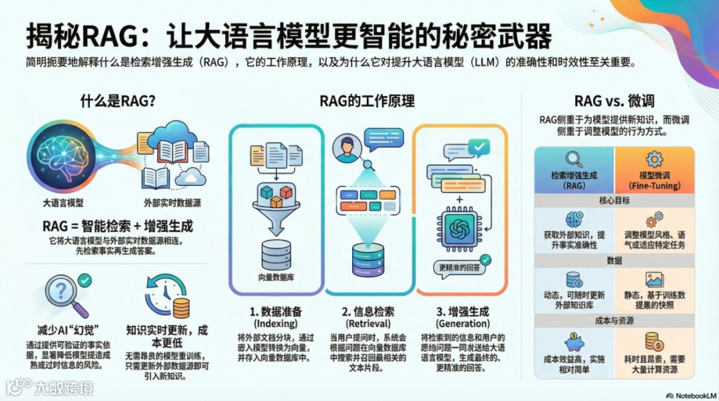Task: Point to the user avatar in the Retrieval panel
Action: [x=345, y=149]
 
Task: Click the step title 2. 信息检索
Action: [x=368, y=311]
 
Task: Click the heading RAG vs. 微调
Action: [x=614, y=101]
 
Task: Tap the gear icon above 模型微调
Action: [x=654, y=159]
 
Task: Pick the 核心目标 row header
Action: [x=614, y=200]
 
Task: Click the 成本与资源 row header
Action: [x=614, y=321]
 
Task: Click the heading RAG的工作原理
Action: [x=367, y=101]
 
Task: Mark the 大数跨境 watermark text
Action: [x=64, y=387]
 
